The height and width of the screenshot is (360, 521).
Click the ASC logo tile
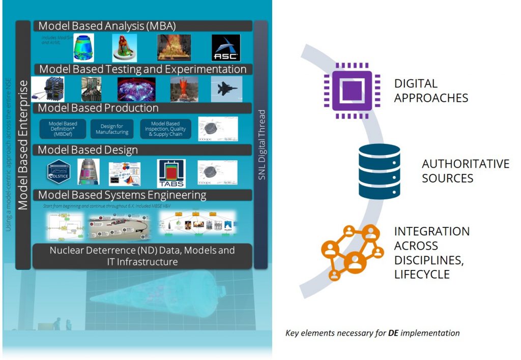click(x=226, y=48)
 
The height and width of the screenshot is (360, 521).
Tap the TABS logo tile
click(x=171, y=173)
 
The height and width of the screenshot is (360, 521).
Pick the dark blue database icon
click(x=379, y=171)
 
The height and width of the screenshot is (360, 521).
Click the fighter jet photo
click(x=226, y=89)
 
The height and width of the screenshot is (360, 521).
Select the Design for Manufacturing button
click(x=112, y=129)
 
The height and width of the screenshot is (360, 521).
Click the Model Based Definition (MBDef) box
click(x=63, y=129)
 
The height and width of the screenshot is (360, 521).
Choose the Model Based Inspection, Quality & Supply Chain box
click(x=165, y=129)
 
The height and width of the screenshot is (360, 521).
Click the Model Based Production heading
click(x=98, y=108)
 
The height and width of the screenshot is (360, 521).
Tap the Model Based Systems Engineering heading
click(x=122, y=195)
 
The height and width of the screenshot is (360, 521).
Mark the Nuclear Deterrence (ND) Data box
click(x=142, y=256)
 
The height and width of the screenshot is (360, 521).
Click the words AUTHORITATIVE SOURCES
click(x=465, y=171)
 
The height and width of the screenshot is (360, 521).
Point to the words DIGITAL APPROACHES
click(x=430, y=91)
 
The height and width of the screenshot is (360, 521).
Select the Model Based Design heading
click(x=88, y=150)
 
